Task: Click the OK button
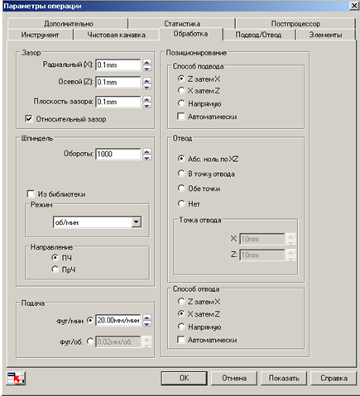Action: [184, 378]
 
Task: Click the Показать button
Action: [284, 378]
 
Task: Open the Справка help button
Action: [334, 378]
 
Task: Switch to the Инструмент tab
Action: [41, 35]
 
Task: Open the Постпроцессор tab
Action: [295, 24]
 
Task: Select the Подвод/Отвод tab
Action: [258, 35]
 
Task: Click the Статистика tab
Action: [182, 24]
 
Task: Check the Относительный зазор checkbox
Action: [29, 119]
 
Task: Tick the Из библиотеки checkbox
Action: [31, 193]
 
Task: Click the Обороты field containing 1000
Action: [118, 154]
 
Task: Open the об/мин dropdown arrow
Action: [137, 222]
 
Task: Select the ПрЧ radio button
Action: [55, 270]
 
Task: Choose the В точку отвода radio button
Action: [181, 174]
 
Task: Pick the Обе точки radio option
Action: [181, 188]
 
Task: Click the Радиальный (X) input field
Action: [118, 65]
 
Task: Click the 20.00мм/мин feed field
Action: [118, 320]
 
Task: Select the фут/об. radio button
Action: [90, 341]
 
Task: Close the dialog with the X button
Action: [354, 6]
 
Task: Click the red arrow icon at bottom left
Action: [16, 378]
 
